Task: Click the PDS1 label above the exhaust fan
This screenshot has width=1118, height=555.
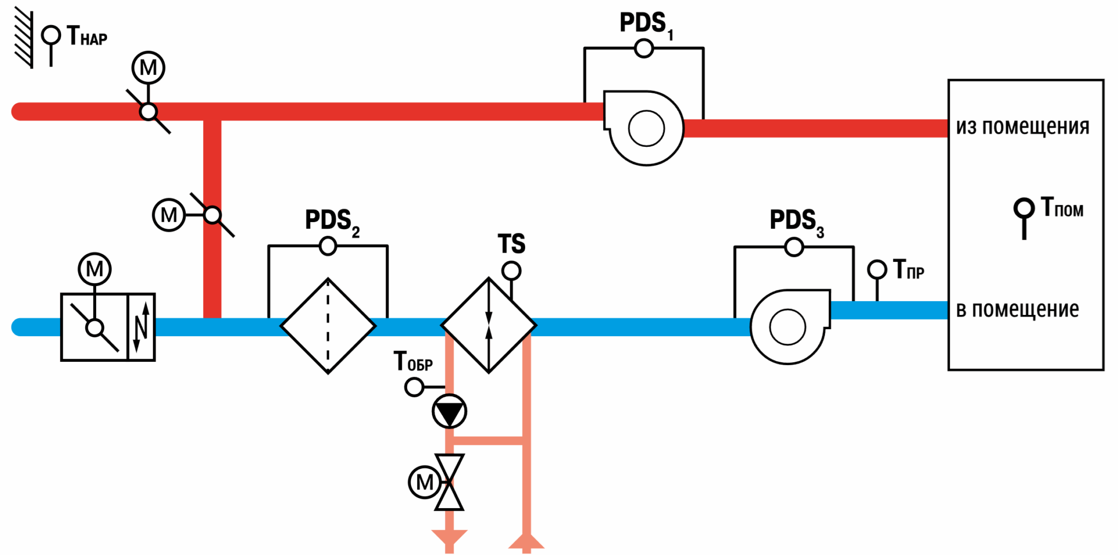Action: [x=646, y=25]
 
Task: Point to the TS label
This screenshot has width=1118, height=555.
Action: [x=512, y=243]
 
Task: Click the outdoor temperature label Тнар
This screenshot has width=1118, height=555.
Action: [x=87, y=36]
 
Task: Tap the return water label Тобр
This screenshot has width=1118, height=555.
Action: [x=413, y=361]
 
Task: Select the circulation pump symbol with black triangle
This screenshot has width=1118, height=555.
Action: [x=449, y=411]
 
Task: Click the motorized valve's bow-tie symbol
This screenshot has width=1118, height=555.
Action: [x=449, y=482]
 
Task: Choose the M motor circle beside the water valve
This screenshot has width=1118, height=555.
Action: [x=424, y=482]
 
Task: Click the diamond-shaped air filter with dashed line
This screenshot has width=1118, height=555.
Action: [x=328, y=326]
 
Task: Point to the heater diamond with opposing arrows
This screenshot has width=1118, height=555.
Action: [x=489, y=326]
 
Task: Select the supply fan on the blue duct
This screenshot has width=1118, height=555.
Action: [x=790, y=326]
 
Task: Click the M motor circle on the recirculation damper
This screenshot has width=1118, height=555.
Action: [x=169, y=215]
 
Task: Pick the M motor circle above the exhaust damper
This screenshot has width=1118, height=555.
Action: [x=148, y=68]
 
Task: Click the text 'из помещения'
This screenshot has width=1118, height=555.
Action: [x=1022, y=127]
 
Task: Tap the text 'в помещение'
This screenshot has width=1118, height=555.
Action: [x=1018, y=309]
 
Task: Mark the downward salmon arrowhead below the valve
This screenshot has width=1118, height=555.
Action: [x=449, y=537]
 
